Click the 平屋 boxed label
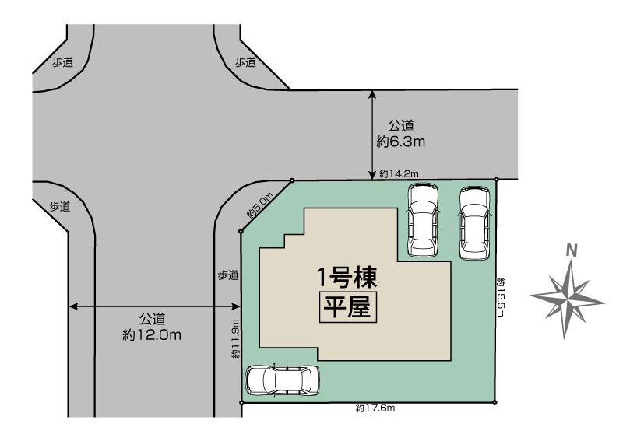click(x=347, y=306)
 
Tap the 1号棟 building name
click(x=347, y=276)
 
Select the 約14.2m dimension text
click(x=399, y=174)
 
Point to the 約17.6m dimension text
click(x=375, y=408)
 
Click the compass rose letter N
click(x=572, y=250)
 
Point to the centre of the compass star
click(x=570, y=295)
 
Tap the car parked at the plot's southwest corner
click(x=283, y=380)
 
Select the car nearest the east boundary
click(x=474, y=222)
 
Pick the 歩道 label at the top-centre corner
click(x=245, y=62)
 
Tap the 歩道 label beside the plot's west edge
click(x=227, y=275)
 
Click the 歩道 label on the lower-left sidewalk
click(x=60, y=207)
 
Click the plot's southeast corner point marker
click(x=495, y=402)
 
